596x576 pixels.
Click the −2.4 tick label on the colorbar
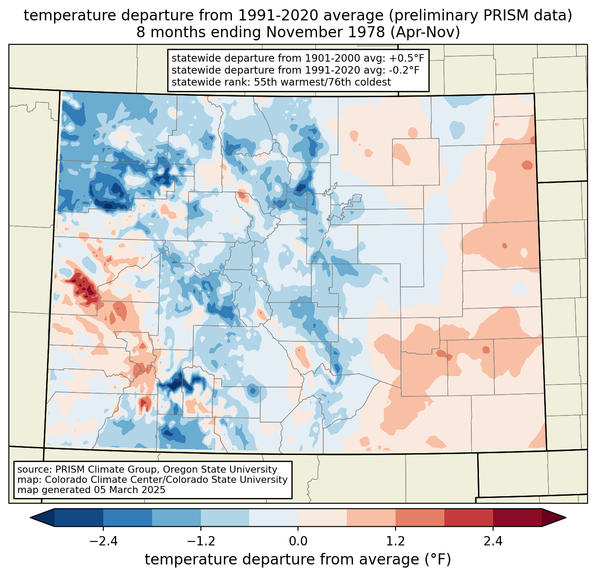(x=103, y=541)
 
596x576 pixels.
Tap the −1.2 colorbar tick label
(x=200, y=541)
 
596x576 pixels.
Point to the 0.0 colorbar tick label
(x=298, y=541)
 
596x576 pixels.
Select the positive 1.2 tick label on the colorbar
(x=396, y=541)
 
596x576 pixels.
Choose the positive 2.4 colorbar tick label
(x=493, y=541)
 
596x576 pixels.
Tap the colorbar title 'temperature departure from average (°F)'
(x=298, y=560)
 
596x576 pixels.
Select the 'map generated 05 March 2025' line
(x=91, y=490)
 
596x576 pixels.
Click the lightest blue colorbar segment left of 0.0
(x=274, y=517)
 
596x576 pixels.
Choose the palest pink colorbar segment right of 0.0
(x=322, y=517)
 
